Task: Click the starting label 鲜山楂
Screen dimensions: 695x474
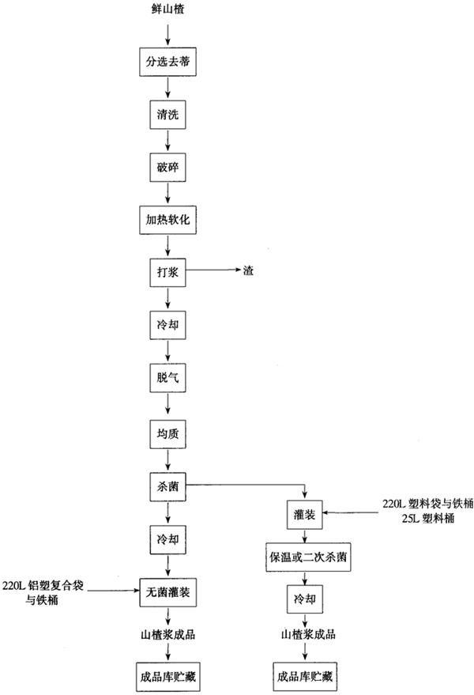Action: click(168, 10)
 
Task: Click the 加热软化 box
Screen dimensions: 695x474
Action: click(167, 219)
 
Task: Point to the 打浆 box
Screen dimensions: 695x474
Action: click(167, 272)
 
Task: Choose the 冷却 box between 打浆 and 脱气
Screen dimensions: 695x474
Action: click(167, 325)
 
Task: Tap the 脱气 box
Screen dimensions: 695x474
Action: click(167, 379)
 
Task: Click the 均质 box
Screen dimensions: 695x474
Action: click(167, 432)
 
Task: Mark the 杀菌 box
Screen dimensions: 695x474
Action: click(167, 485)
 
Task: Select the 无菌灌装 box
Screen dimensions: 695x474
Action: click(167, 590)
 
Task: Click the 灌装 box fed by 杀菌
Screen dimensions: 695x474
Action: click(304, 515)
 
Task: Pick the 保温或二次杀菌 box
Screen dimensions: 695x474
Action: click(304, 557)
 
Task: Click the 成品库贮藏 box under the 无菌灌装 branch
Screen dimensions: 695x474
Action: click(167, 676)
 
